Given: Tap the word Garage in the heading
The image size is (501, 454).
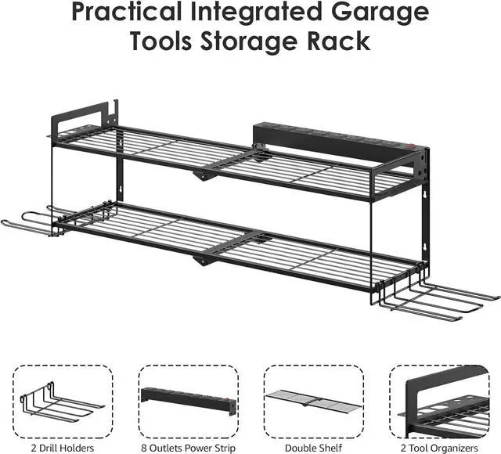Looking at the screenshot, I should pos(381,13).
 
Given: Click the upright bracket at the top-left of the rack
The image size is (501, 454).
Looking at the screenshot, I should pos(82,116).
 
